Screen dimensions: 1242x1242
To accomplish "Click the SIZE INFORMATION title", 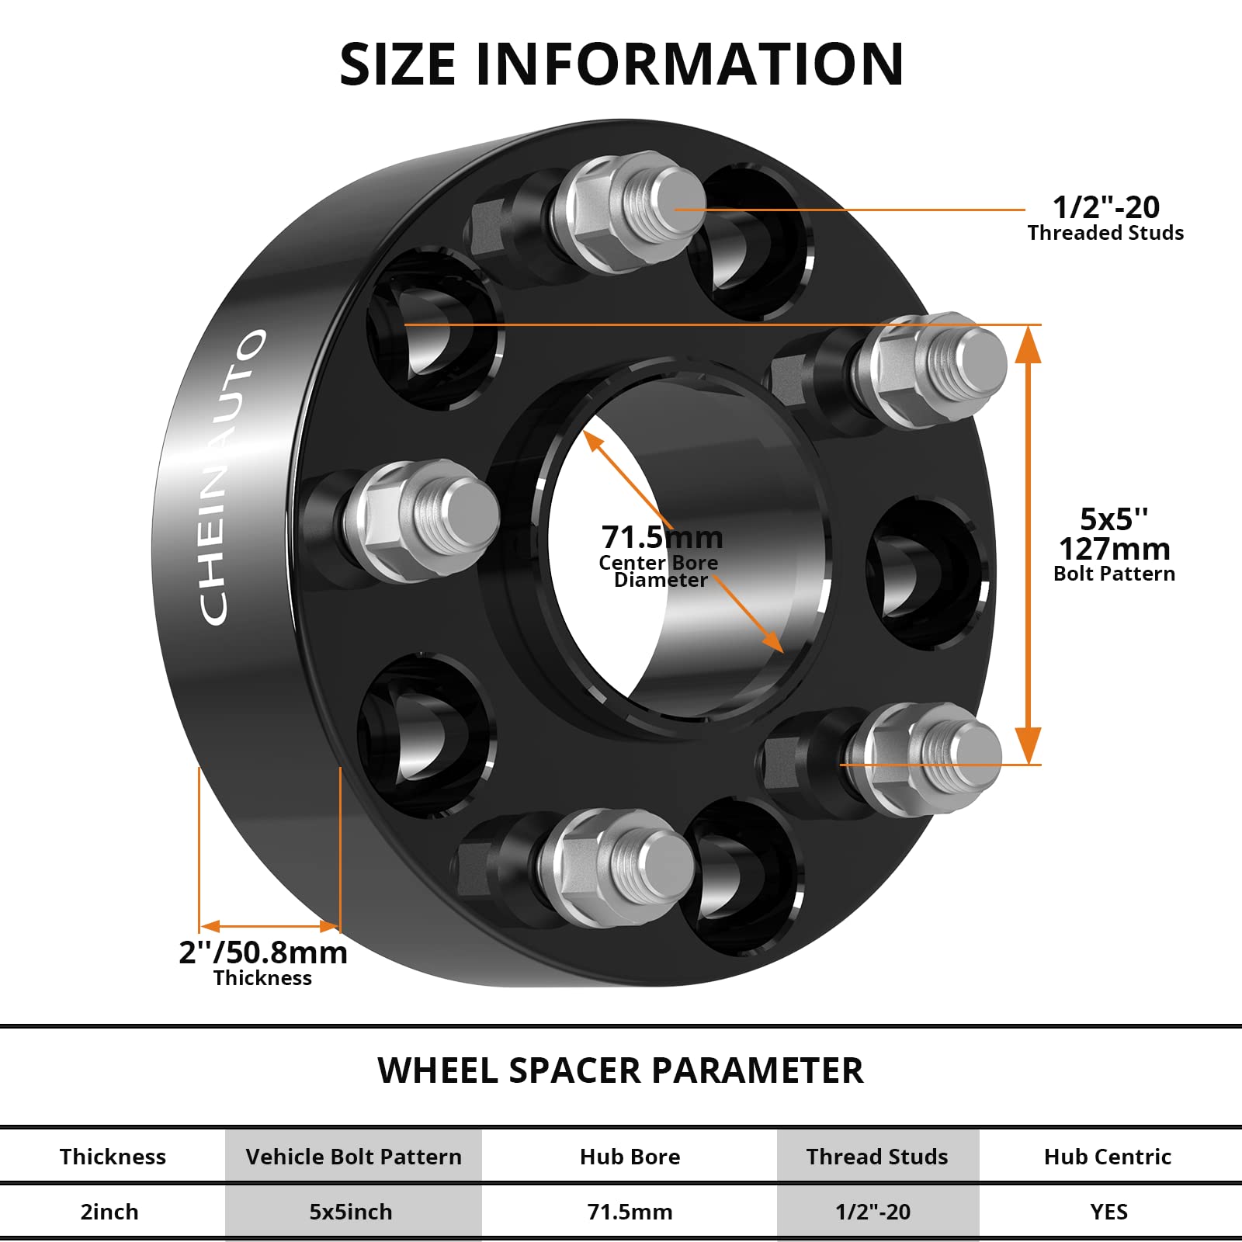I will tap(621, 64).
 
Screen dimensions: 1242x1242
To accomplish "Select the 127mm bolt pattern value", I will tap(1114, 549).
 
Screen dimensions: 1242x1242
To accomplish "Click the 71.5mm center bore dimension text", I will tap(661, 537).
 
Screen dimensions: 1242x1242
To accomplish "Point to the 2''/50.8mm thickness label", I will tap(263, 952).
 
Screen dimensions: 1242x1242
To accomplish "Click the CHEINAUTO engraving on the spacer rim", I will tap(231, 477).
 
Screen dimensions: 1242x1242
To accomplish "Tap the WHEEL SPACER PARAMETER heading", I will tap(619, 1070).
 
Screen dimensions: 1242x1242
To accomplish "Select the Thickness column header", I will tap(113, 1157).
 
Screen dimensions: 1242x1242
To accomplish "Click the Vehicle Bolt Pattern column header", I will tap(353, 1157).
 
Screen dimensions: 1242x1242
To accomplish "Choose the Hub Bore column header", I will tap(630, 1157).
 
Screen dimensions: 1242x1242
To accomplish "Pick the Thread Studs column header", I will tap(877, 1157).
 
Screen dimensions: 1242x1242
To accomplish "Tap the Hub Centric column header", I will tap(1107, 1157).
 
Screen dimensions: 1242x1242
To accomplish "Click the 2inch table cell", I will tap(109, 1212).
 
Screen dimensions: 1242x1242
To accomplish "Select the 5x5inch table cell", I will tap(351, 1212).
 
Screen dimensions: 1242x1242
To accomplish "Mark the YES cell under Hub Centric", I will tap(1108, 1212).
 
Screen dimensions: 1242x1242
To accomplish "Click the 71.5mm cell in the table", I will tap(630, 1212).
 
